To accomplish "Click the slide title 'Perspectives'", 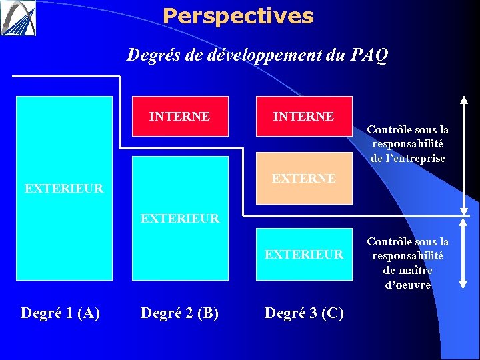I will pyautogui.click(x=237, y=16).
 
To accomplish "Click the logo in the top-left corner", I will pyautogui.click(x=18, y=18).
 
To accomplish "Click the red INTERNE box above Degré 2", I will pyautogui.click(x=180, y=117).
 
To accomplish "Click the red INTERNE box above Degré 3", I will pyautogui.click(x=303, y=117).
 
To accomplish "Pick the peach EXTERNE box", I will pyautogui.click(x=304, y=178).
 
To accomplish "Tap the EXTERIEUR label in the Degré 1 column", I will pyautogui.click(x=64, y=188).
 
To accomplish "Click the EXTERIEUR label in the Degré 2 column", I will pyautogui.click(x=180, y=218).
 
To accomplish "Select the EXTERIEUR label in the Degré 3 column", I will pyautogui.click(x=304, y=254).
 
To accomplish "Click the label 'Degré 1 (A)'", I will pyautogui.click(x=61, y=312).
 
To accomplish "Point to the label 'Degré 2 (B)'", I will pyautogui.click(x=179, y=312).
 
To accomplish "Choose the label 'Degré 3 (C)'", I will pyautogui.click(x=304, y=312).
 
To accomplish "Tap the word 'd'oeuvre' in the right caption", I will pyautogui.click(x=408, y=285).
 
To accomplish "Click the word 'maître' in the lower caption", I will pyautogui.click(x=417, y=270).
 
